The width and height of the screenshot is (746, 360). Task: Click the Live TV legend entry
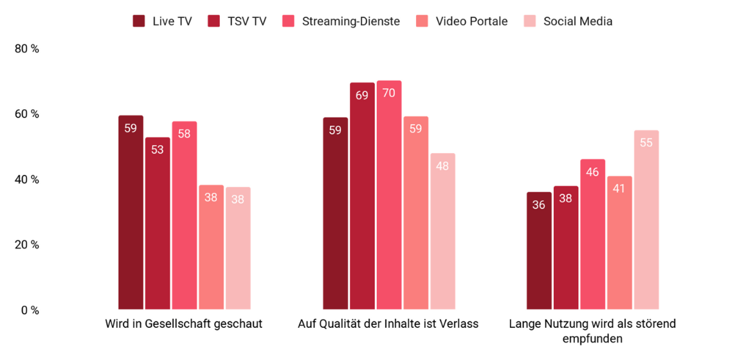coord(162,21)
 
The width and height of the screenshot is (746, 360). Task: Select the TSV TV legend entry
coord(237,21)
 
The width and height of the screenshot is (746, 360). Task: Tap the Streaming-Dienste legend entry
coord(341,21)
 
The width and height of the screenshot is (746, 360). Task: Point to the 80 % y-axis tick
coord(27,49)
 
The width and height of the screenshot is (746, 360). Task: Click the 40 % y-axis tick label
coord(27,179)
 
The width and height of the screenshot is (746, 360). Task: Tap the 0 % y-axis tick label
coord(30,310)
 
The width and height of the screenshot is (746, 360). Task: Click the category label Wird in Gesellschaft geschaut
coord(184,324)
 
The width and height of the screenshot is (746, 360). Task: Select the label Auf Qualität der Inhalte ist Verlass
coord(388,324)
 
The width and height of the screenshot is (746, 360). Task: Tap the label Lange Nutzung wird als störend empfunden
coord(592,330)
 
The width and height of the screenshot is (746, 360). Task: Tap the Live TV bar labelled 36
coord(539,251)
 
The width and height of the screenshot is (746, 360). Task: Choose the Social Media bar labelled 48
coord(442,231)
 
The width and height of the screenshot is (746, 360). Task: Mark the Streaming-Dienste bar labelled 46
coord(593,235)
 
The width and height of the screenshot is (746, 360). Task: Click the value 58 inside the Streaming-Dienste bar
coord(185,134)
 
